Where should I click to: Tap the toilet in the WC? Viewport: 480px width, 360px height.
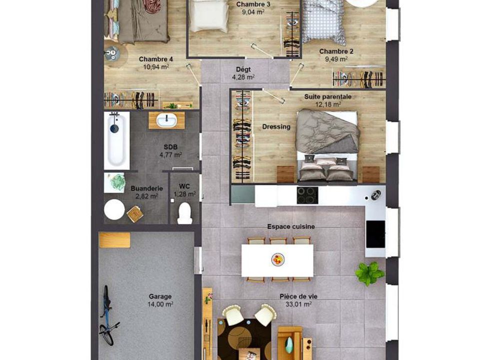pyautogui.click(x=184, y=213)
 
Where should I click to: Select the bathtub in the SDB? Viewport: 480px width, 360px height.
pyautogui.click(x=116, y=141)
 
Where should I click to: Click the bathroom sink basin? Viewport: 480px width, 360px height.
pyautogui.click(x=166, y=120)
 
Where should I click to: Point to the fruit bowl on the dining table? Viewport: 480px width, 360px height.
pyautogui.click(x=278, y=259)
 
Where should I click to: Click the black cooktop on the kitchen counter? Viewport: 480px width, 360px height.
pyautogui.click(x=307, y=195)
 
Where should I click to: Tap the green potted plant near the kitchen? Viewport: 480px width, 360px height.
pyautogui.click(x=369, y=273)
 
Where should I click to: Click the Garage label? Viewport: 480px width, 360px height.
pyautogui.click(x=160, y=296)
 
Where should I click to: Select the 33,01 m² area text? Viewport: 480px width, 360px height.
pyautogui.click(x=298, y=304)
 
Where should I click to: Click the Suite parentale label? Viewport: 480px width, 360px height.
pyautogui.click(x=328, y=96)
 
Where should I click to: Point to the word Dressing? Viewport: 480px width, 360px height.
pyautogui.click(x=276, y=126)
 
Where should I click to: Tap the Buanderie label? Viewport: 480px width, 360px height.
pyautogui.click(x=146, y=188)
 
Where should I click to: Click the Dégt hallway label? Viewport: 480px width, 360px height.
pyautogui.click(x=243, y=69)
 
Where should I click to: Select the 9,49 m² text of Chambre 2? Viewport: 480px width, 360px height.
pyautogui.click(x=336, y=59)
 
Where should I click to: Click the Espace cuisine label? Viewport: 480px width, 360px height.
pyautogui.click(x=291, y=227)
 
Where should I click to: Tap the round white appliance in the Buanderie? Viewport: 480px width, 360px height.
pyautogui.click(x=114, y=209)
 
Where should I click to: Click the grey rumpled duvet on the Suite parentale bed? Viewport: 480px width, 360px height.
pyautogui.click(x=327, y=131)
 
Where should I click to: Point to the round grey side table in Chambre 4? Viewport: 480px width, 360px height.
pyautogui.click(x=112, y=53)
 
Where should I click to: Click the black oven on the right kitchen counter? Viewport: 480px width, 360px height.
pyautogui.click(x=375, y=234)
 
